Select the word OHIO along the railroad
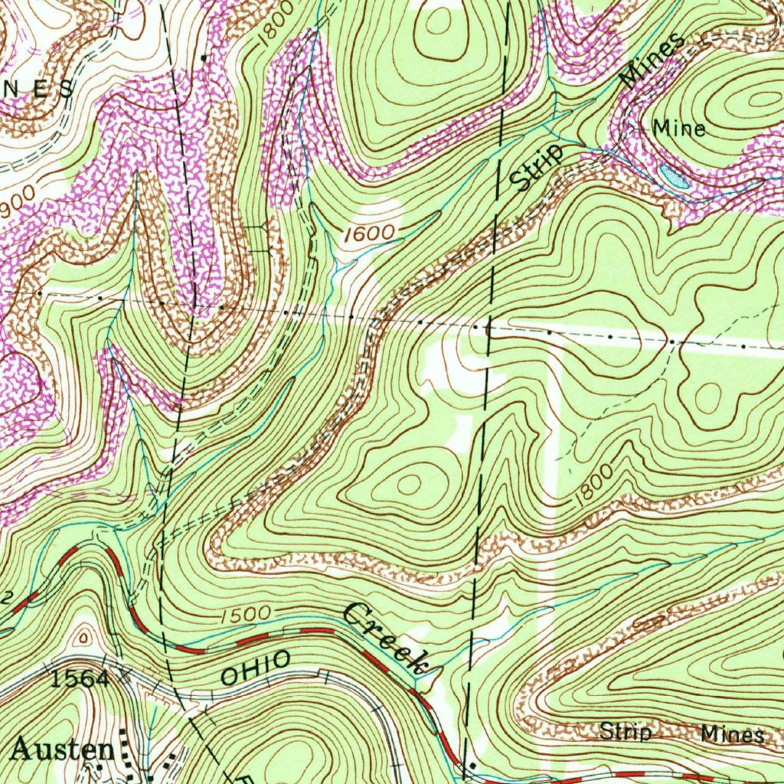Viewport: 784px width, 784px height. (x=256, y=668)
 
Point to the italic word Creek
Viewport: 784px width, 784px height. (x=387, y=637)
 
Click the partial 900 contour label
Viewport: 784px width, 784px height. (x=17, y=200)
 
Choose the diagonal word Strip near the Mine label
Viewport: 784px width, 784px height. (x=537, y=167)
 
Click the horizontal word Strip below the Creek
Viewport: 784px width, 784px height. (x=626, y=732)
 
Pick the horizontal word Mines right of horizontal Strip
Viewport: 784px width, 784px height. (x=732, y=735)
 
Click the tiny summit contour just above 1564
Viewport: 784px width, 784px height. (x=83, y=636)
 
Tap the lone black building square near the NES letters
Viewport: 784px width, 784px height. (x=204, y=57)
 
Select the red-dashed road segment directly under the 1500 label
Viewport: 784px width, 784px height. (x=253, y=635)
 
